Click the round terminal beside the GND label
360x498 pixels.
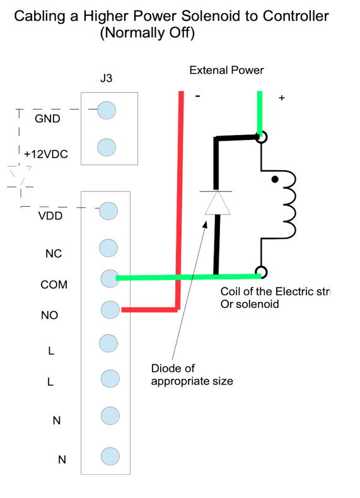point(107,110)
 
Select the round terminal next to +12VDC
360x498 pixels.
point(107,148)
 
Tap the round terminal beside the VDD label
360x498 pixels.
point(108,211)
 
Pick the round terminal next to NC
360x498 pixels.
point(108,248)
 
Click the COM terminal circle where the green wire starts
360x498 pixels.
point(110,279)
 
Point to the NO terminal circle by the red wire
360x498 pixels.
point(110,310)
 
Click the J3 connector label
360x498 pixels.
point(106,78)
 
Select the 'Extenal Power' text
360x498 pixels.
point(226,70)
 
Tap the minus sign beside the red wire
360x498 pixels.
point(197,96)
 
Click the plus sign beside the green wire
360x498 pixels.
point(282,98)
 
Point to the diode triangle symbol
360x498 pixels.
point(218,202)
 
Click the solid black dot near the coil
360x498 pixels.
point(275,180)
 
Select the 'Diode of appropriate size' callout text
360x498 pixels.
point(192,375)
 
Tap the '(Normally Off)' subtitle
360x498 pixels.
point(148,33)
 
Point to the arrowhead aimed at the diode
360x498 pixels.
point(206,224)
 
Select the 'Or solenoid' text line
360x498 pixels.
point(250,304)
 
